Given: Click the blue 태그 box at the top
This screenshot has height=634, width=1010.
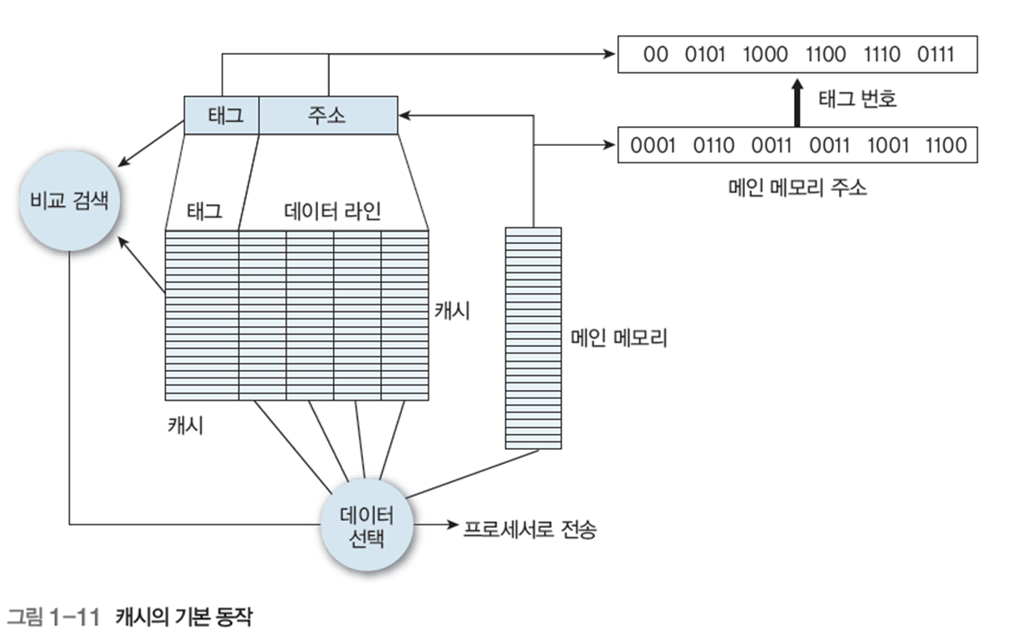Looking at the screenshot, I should coord(222,115).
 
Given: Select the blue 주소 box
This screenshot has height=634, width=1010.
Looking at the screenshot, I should coord(329,115).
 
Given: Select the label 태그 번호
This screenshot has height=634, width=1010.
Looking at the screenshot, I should coord(857,100).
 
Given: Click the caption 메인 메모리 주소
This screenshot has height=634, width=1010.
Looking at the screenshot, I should coord(795,188).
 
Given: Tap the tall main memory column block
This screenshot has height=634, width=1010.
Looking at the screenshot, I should coord(533,338).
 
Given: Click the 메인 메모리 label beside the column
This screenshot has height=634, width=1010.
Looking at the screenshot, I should coord(619,338).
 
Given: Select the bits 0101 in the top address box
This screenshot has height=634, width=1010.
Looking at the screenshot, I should coord(705,56).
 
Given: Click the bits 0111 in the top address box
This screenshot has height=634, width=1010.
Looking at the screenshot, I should coord(936,56).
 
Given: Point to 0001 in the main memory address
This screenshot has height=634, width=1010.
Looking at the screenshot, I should coord(653,145).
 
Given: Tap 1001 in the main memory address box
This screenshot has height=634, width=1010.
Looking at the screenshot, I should coord(886,145).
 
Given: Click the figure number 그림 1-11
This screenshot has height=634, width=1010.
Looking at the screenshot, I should coord(53,617).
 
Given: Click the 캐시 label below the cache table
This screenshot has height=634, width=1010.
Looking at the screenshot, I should coord(185,426).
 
